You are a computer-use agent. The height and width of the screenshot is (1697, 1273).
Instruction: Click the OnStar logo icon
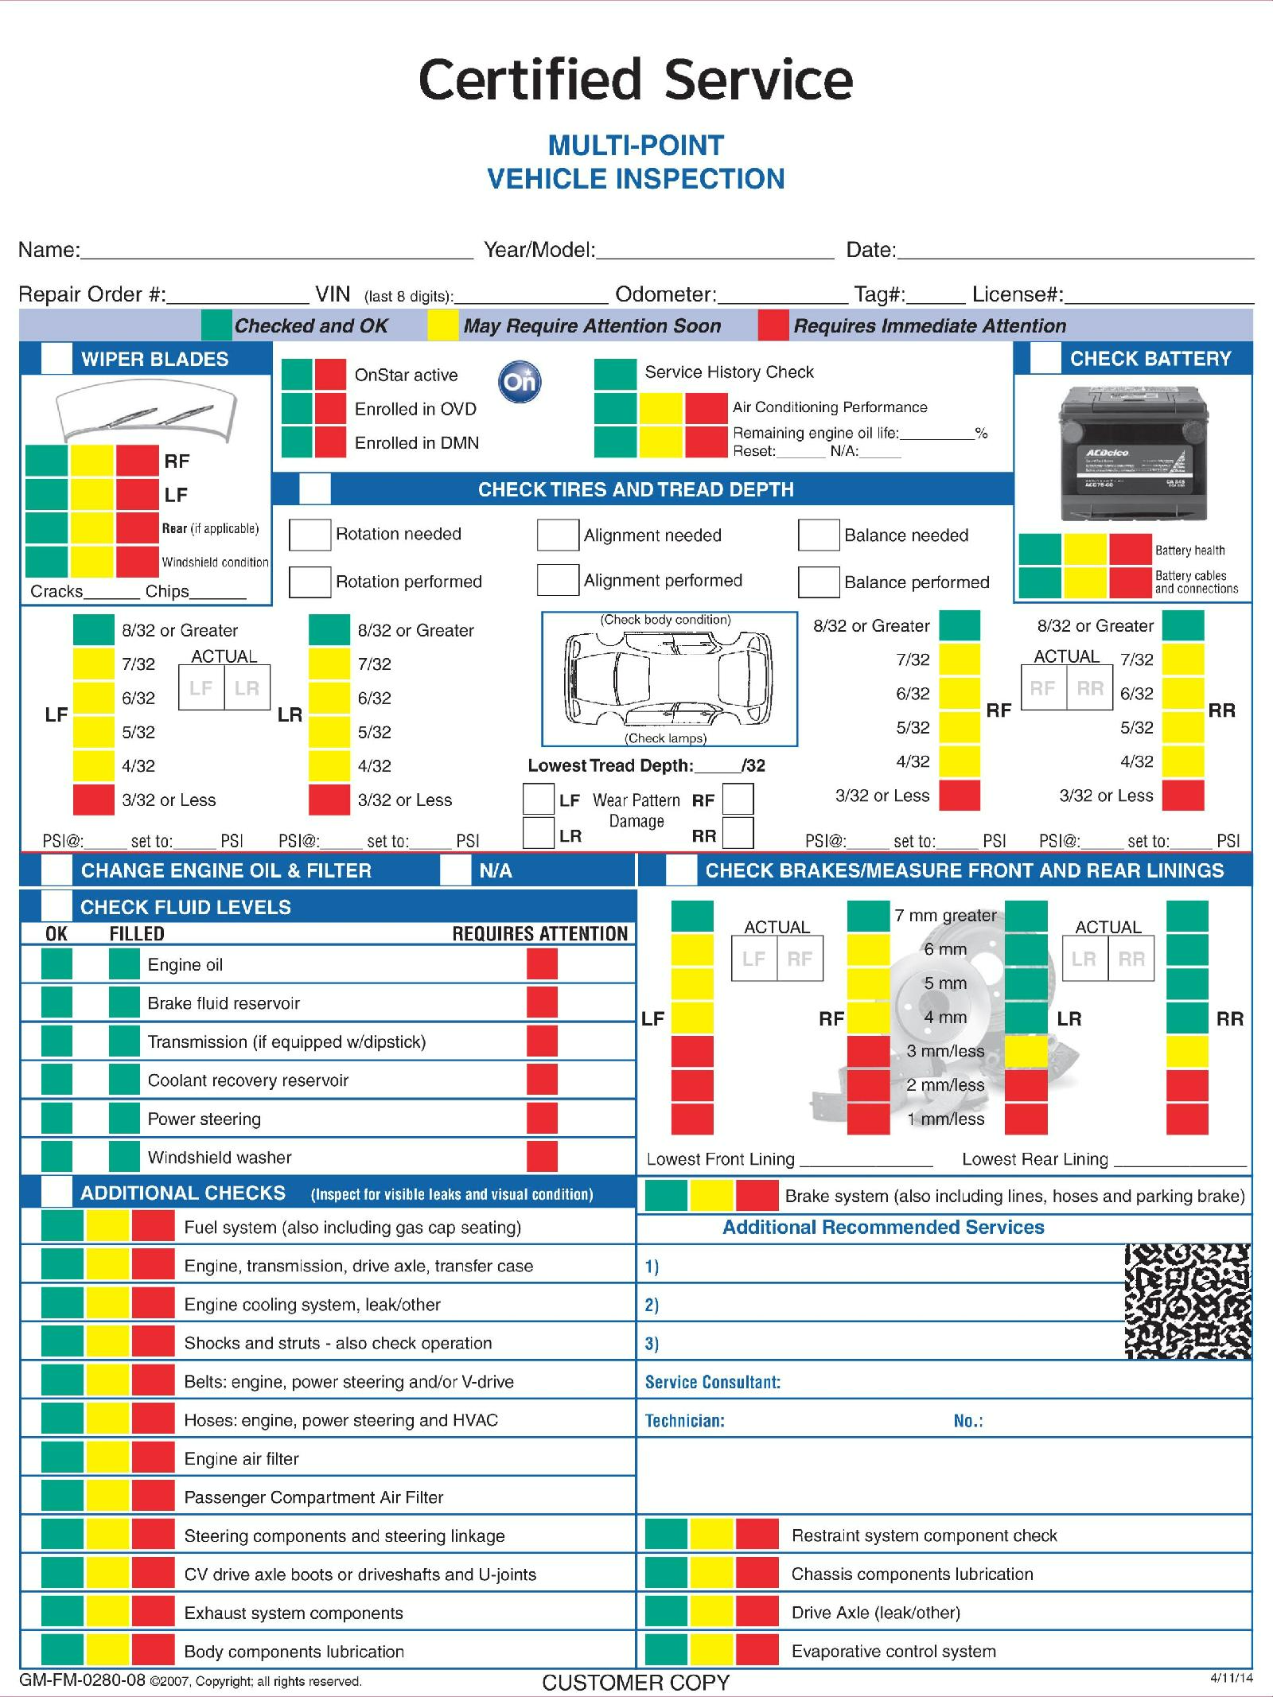pos(520,382)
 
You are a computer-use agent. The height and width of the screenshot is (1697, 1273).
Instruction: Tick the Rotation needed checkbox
pos(309,535)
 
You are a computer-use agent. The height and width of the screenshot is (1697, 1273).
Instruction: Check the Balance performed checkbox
pos(819,582)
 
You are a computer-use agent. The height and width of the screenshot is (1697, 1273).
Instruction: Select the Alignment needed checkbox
pos(557,535)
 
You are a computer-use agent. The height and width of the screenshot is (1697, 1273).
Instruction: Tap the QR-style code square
pos(1187,1302)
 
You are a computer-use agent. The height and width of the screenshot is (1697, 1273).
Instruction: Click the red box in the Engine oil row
pos(542,964)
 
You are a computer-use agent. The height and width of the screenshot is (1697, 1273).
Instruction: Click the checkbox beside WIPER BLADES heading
pos(56,359)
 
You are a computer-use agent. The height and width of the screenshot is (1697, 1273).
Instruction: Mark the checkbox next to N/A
pos(455,870)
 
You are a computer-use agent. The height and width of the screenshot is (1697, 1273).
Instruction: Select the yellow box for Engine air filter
pos(107,1458)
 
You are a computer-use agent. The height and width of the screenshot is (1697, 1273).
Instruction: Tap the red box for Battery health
pos(1130,549)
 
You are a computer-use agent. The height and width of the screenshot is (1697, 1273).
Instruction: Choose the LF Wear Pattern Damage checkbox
pos(539,799)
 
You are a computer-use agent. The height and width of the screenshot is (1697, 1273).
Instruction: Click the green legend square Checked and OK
pos(216,325)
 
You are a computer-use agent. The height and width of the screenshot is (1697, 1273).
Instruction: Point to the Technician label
pos(684,1421)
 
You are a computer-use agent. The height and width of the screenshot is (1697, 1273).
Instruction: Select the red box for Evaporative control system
pos(756,1651)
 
